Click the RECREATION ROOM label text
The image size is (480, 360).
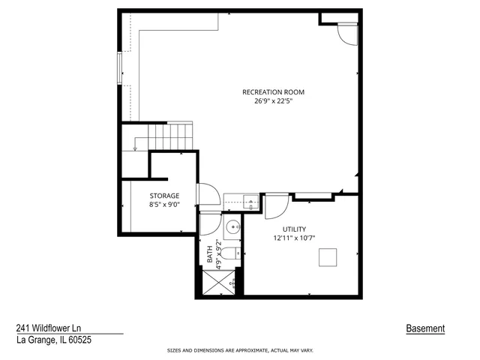click(x=273, y=92)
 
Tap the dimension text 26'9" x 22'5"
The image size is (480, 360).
click(x=273, y=101)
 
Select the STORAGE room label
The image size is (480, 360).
click(x=164, y=196)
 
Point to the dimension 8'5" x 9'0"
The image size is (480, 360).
click(x=164, y=205)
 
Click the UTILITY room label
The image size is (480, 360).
click(x=294, y=229)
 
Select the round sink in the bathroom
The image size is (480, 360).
click(x=232, y=226)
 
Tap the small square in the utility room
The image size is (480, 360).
click(x=328, y=257)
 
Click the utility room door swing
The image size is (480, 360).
click(x=275, y=205)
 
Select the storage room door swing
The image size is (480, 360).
click(x=208, y=196)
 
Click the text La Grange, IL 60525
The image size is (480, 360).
click(x=54, y=340)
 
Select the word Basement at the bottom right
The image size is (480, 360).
click(x=425, y=328)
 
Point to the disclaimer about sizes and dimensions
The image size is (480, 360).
click(x=239, y=350)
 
